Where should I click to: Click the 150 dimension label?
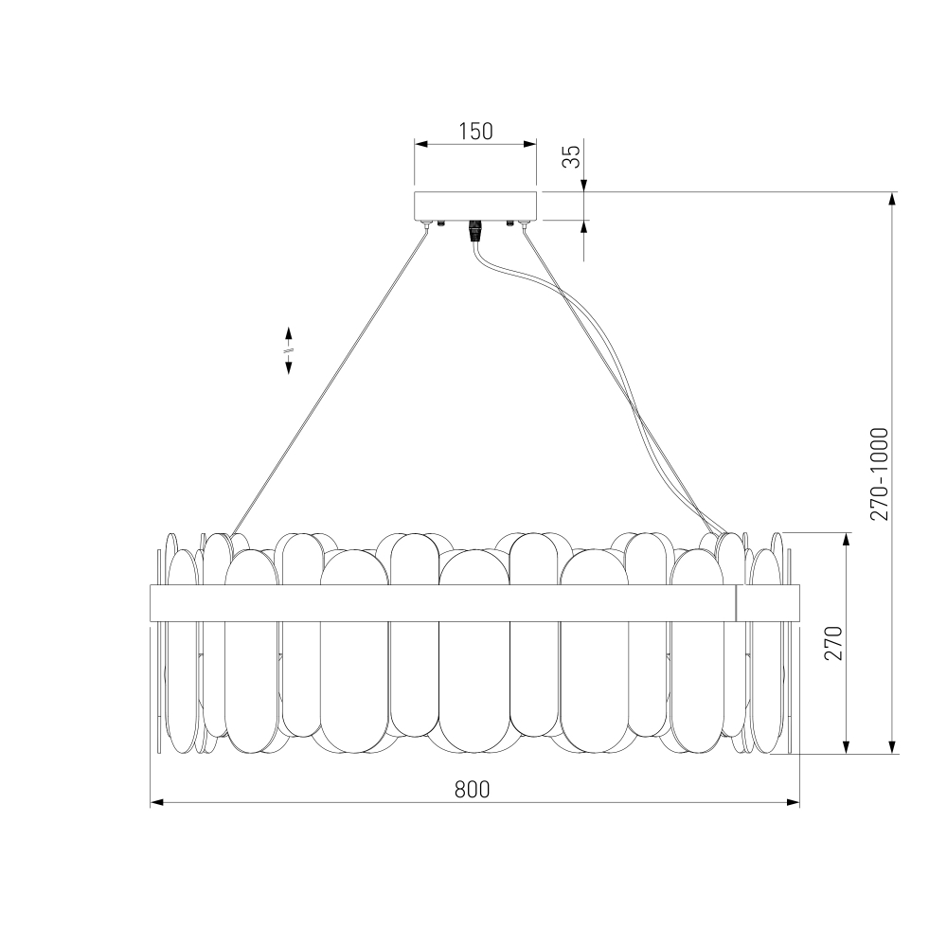475,131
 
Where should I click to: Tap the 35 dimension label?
571,156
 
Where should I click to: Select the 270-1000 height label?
880,474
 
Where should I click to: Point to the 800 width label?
472,790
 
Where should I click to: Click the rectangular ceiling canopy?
475,205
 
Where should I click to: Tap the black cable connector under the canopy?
475,230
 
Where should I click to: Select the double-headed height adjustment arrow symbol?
289,350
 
